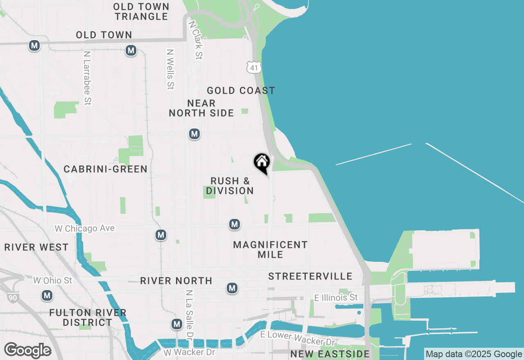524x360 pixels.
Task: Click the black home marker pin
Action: [x=262, y=163]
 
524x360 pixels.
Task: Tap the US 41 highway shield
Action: [x=254, y=67]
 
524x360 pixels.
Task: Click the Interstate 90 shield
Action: [x=12, y=297]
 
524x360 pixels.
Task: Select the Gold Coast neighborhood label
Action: [x=241, y=90]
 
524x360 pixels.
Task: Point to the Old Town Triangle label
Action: [x=141, y=11]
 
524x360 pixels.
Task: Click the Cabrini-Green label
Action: [x=106, y=169]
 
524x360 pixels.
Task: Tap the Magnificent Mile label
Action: [x=270, y=250]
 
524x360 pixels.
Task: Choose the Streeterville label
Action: [x=310, y=277]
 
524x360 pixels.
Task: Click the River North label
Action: [x=176, y=281]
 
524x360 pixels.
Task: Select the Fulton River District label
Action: [x=88, y=317]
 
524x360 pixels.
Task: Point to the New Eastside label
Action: [x=330, y=354]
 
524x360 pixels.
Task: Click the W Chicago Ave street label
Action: [x=85, y=228]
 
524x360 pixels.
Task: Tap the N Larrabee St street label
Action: [x=86, y=78]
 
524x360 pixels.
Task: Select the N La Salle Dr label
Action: [x=189, y=315]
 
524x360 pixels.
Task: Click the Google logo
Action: [x=27, y=351]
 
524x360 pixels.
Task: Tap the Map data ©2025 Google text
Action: [x=474, y=354]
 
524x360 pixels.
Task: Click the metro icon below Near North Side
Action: [x=194, y=134]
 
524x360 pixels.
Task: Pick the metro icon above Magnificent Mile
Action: [x=234, y=224]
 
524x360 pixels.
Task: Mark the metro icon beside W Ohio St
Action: [x=47, y=295]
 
